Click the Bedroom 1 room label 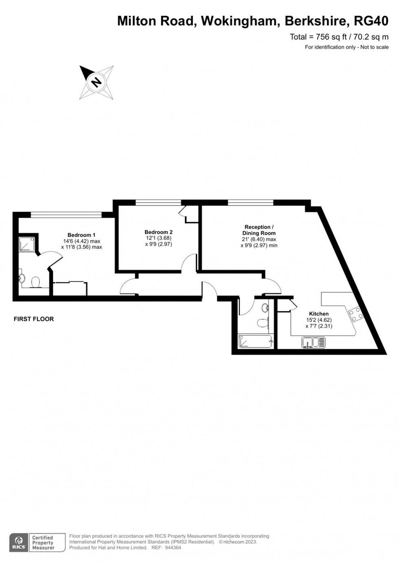point(81,235)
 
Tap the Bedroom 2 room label point(158,232)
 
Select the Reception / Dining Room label point(259,230)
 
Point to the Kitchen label point(319,314)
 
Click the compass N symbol point(96,82)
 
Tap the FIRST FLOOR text point(34,319)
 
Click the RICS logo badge point(19,543)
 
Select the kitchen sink point(313,343)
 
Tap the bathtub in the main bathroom point(256,341)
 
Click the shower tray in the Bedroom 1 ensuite point(28,243)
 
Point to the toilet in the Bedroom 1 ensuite point(35,282)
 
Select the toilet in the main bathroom point(263,323)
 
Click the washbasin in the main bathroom point(265,308)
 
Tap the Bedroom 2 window point(158,202)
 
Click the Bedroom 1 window point(66,214)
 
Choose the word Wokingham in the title point(239,21)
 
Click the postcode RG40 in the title point(371,21)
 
